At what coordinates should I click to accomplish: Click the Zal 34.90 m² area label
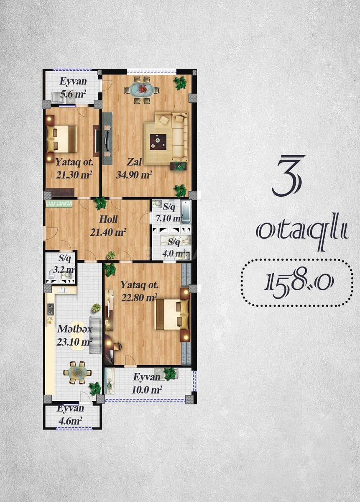(x=134, y=168)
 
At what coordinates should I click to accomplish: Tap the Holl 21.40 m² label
(x=108, y=225)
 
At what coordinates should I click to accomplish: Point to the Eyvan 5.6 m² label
(x=73, y=87)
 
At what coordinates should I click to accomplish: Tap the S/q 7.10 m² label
(x=169, y=213)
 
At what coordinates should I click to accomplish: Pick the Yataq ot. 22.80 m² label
(x=139, y=292)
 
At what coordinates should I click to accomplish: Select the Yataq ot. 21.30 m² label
(x=74, y=168)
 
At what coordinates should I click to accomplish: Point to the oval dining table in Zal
(x=142, y=90)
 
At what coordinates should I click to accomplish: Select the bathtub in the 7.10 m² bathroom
(x=186, y=212)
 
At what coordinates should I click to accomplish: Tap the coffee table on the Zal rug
(x=158, y=141)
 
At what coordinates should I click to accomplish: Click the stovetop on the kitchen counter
(x=51, y=310)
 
